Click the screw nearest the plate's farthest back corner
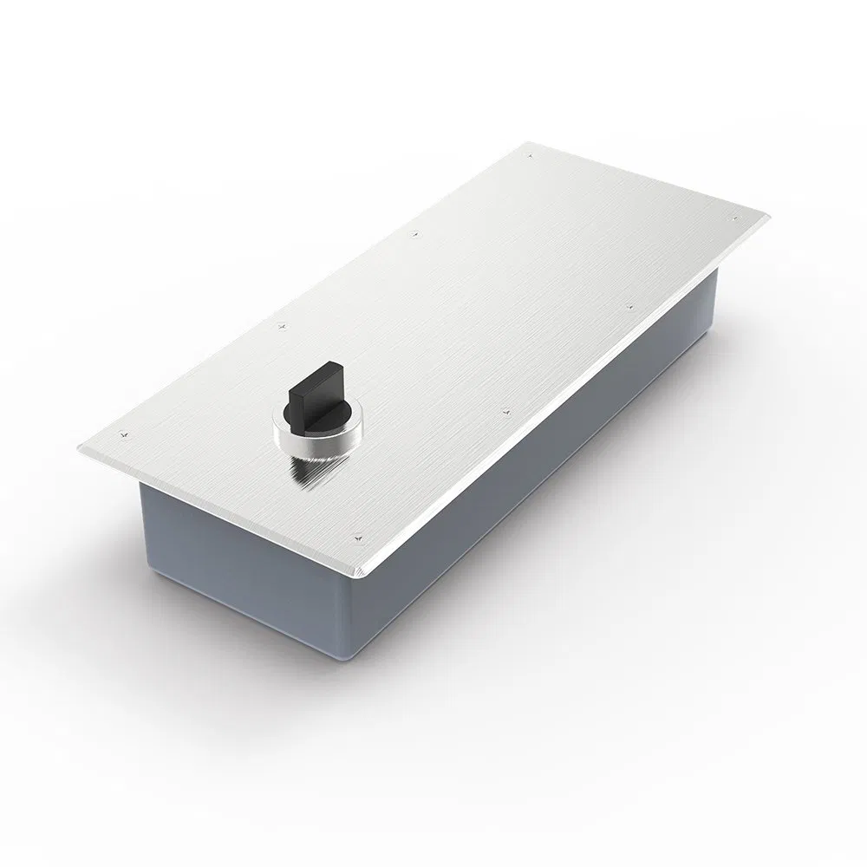(x=528, y=156)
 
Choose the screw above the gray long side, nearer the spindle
(x=505, y=410)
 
